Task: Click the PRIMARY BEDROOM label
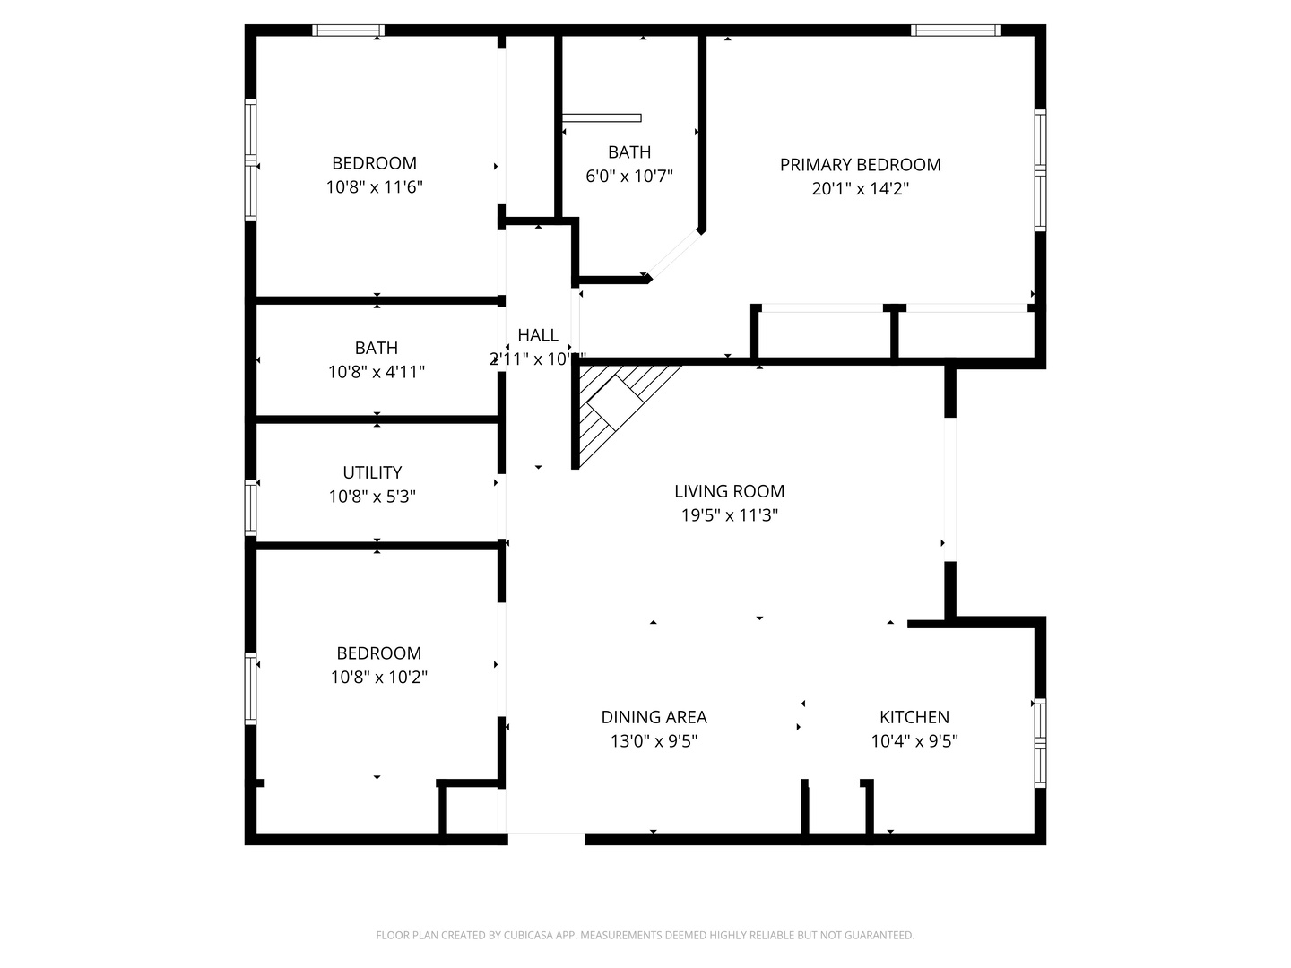[x=860, y=165]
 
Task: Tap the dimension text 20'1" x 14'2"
[x=860, y=189]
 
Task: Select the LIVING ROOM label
[x=729, y=491]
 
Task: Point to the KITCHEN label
[x=914, y=717]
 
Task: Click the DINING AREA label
[x=654, y=717]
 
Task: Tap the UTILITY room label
[x=372, y=472]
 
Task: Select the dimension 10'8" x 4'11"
[x=376, y=372]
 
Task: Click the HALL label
[x=538, y=335]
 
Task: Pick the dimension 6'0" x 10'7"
[x=628, y=177]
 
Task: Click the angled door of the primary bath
[x=674, y=255]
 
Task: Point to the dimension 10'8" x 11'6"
[x=374, y=187]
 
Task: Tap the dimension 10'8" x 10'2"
[x=378, y=678]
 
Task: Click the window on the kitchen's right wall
[x=1040, y=742]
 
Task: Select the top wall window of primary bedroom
[x=956, y=30]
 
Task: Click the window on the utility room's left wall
[x=251, y=508]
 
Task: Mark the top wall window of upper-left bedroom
[x=349, y=30]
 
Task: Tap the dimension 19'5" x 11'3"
[x=729, y=515]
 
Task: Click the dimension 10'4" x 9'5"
[x=914, y=741]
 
